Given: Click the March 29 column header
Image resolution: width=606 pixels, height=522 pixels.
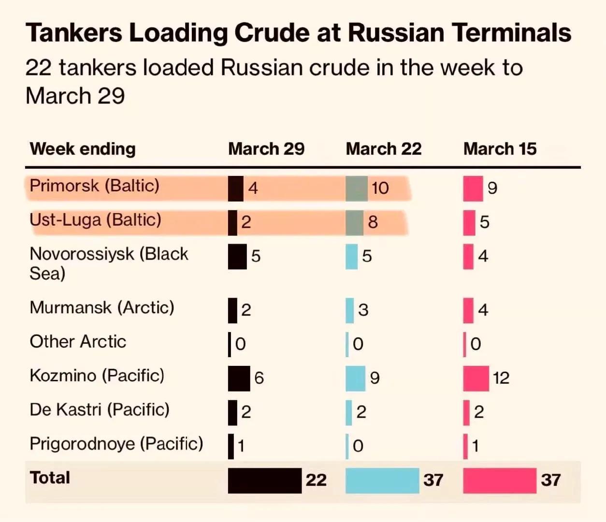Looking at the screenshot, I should coord(266,149).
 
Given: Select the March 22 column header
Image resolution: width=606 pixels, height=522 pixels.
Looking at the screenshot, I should coord(384,149).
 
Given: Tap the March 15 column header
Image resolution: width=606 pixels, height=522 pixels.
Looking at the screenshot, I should coord(500,149).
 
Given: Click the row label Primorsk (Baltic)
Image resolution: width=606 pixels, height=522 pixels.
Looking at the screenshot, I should coord(94,186).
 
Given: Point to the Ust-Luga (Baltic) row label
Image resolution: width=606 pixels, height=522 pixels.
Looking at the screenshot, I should coord(95,220).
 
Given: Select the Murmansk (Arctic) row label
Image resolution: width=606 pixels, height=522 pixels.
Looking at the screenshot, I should coord(102,307).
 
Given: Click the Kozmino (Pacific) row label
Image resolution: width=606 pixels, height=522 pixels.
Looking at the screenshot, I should coord(97,376).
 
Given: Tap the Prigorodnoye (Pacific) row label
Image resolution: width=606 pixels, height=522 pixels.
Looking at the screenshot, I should coord(116,444).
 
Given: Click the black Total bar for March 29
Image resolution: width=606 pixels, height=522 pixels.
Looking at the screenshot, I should coord(264,480).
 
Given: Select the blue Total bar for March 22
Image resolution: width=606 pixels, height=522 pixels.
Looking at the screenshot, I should coord(382,480).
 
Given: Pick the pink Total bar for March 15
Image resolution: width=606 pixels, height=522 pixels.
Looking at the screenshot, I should coord(500,480).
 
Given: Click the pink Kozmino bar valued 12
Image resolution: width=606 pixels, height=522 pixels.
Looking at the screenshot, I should coord(476,378).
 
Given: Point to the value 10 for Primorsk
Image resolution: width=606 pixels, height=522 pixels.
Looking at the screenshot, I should coord(380,188).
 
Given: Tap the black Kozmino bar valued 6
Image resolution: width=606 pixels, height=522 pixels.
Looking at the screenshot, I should coord(239,378).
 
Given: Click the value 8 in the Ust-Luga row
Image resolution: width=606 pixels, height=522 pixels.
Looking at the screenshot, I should coord(373,222).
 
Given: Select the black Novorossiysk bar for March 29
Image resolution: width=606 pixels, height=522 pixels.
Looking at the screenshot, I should coord(237,257).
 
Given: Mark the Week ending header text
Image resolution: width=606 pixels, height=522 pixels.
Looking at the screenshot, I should coord(83,149).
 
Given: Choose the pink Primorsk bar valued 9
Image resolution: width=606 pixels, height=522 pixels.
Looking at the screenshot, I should coord(473,188).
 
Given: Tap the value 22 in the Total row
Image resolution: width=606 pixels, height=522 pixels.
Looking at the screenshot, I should coord(316,480).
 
